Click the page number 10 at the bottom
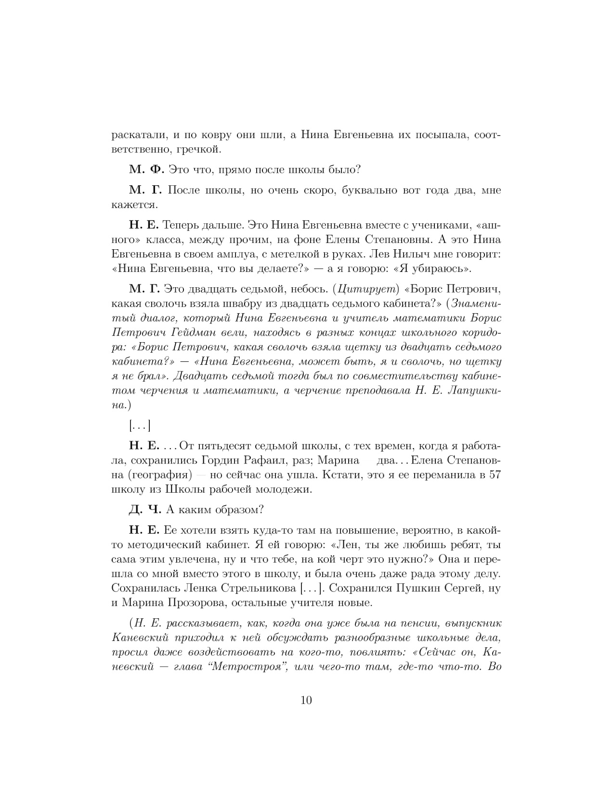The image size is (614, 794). click(x=306, y=700)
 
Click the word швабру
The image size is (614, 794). click(x=243, y=304)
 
